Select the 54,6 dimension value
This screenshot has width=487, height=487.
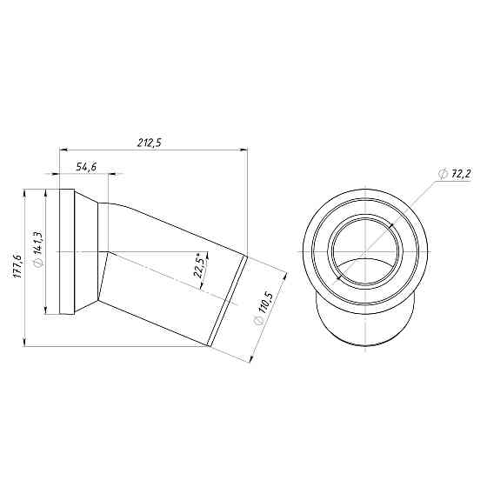tap(86, 166)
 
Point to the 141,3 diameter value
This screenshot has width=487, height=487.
tap(37, 246)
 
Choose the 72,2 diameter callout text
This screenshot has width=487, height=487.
tap(460, 174)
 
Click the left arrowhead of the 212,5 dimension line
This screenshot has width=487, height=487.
tap(62, 150)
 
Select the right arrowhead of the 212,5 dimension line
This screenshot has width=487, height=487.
tap(245, 150)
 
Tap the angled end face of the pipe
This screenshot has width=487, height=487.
tap(229, 299)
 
